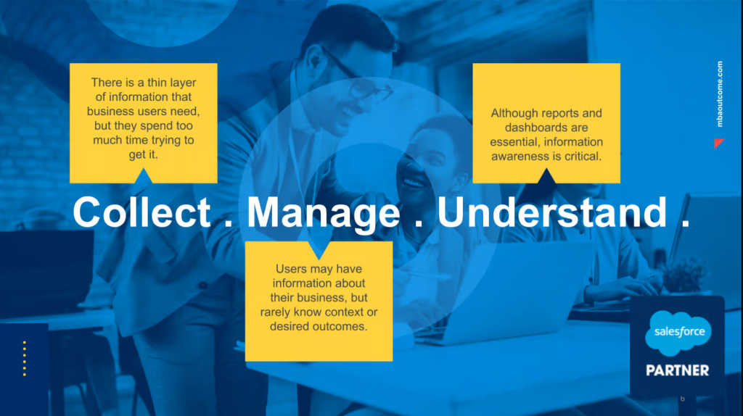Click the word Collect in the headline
pyautogui.click(x=141, y=212)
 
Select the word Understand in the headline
pyautogui.click(x=552, y=212)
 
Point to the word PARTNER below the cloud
pyautogui.click(x=678, y=370)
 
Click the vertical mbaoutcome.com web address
pyautogui.click(x=720, y=93)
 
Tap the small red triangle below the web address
pyautogui.click(x=718, y=143)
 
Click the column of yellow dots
pyautogui.click(x=25, y=358)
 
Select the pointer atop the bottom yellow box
pyautogui.click(x=319, y=250)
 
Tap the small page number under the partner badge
pyautogui.click(x=682, y=399)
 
